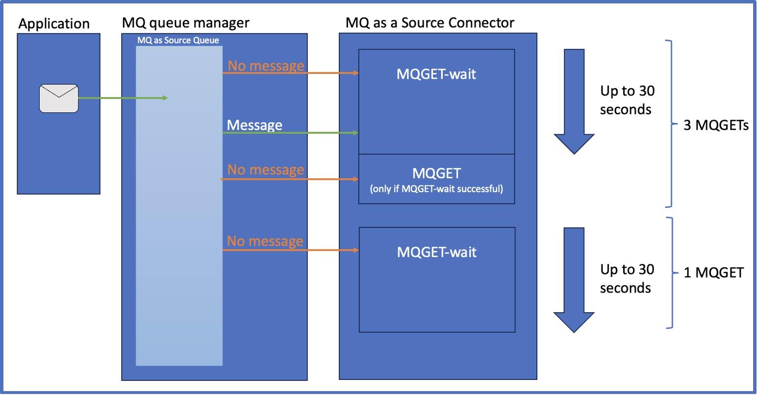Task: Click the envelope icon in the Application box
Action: tap(58, 99)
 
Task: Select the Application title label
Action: tap(54, 24)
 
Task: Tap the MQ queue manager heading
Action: tap(185, 23)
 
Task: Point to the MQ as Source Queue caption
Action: tap(178, 40)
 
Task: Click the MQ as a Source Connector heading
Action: tap(430, 23)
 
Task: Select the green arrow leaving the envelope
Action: tap(123, 99)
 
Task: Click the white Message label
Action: tap(254, 125)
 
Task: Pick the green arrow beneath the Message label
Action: tap(292, 133)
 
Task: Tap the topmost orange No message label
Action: tap(265, 65)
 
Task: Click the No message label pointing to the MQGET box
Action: tap(265, 170)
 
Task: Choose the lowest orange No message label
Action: tap(265, 241)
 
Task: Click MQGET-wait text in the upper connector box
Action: tap(436, 74)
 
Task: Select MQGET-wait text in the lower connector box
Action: tap(436, 252)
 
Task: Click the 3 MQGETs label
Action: tap(716, 126)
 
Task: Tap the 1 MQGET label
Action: tap(713, 273)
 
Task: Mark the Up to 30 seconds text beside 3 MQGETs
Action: tap(627, 100)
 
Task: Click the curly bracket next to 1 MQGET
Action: tap(673, 272)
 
